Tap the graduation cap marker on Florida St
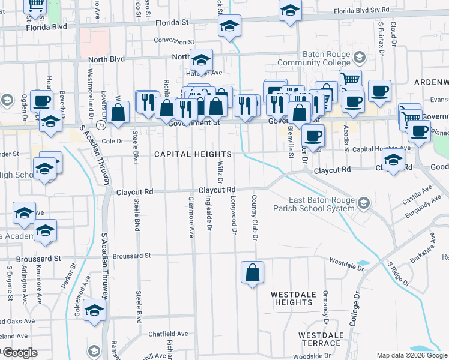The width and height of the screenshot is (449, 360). pos(229,26)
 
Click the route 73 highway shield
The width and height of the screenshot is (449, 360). pos(101,125)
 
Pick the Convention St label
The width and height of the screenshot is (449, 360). pos(174,42)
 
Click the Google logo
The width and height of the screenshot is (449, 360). pos(19,353)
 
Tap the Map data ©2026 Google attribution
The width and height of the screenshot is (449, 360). pos(411,355)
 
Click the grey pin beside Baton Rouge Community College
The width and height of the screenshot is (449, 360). pos(360,58)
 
